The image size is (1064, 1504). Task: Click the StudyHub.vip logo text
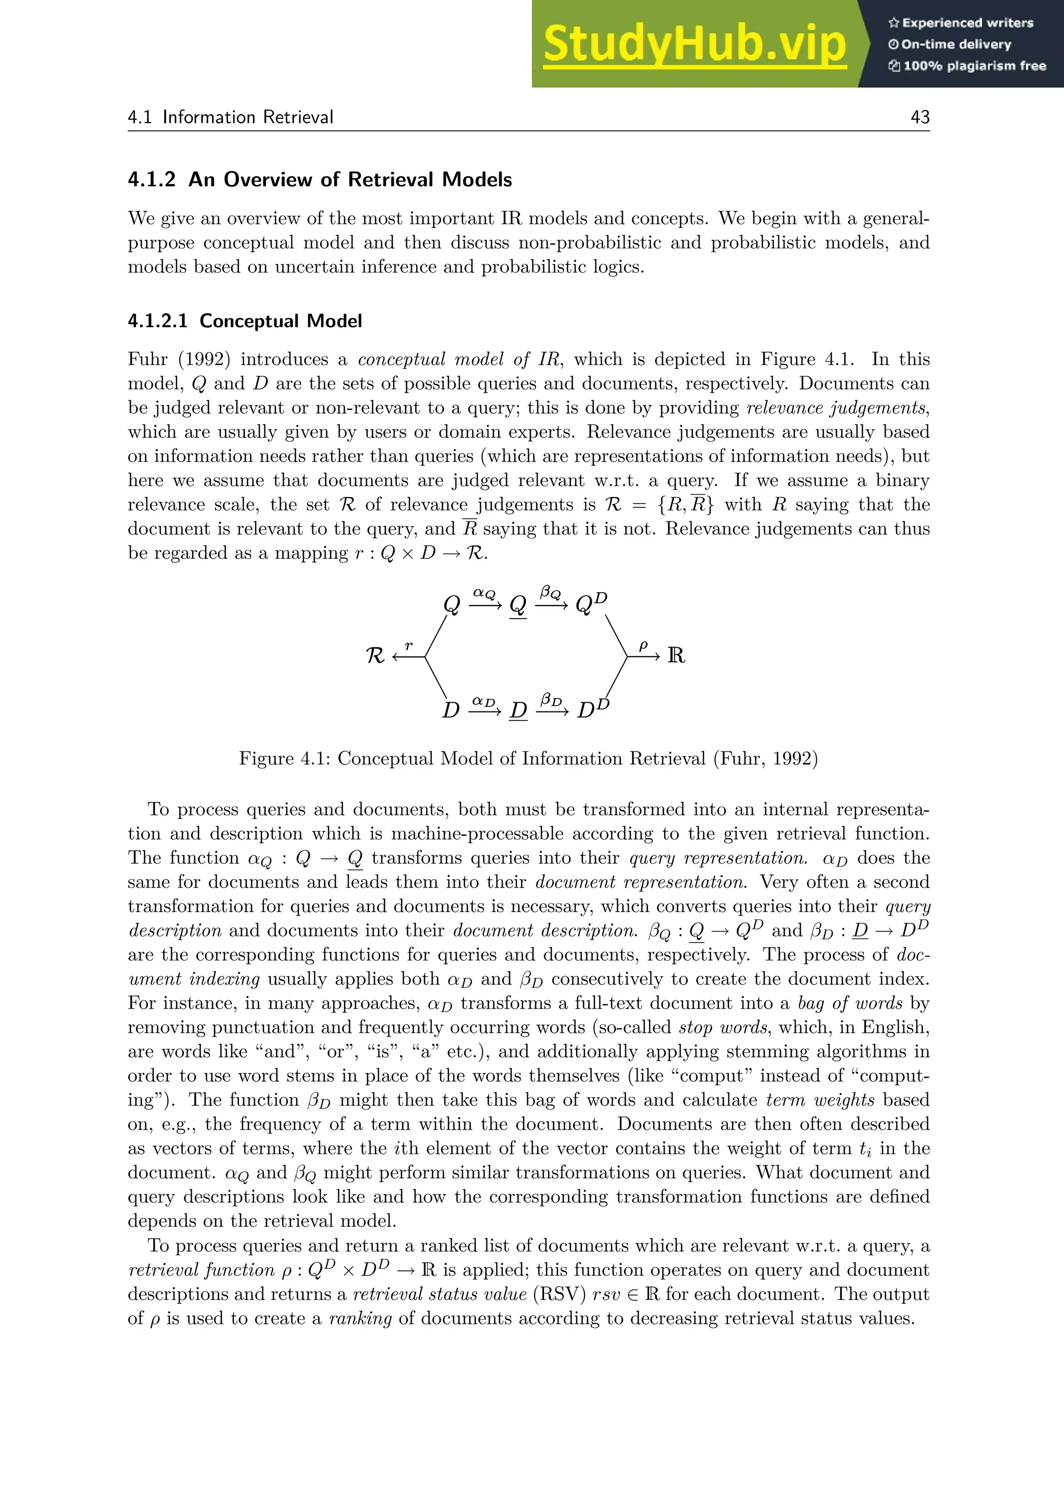[x=695, y=44]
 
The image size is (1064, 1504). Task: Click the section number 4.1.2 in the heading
[x=151, y=180]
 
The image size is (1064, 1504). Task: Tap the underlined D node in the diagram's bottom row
[x=518, y=710]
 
